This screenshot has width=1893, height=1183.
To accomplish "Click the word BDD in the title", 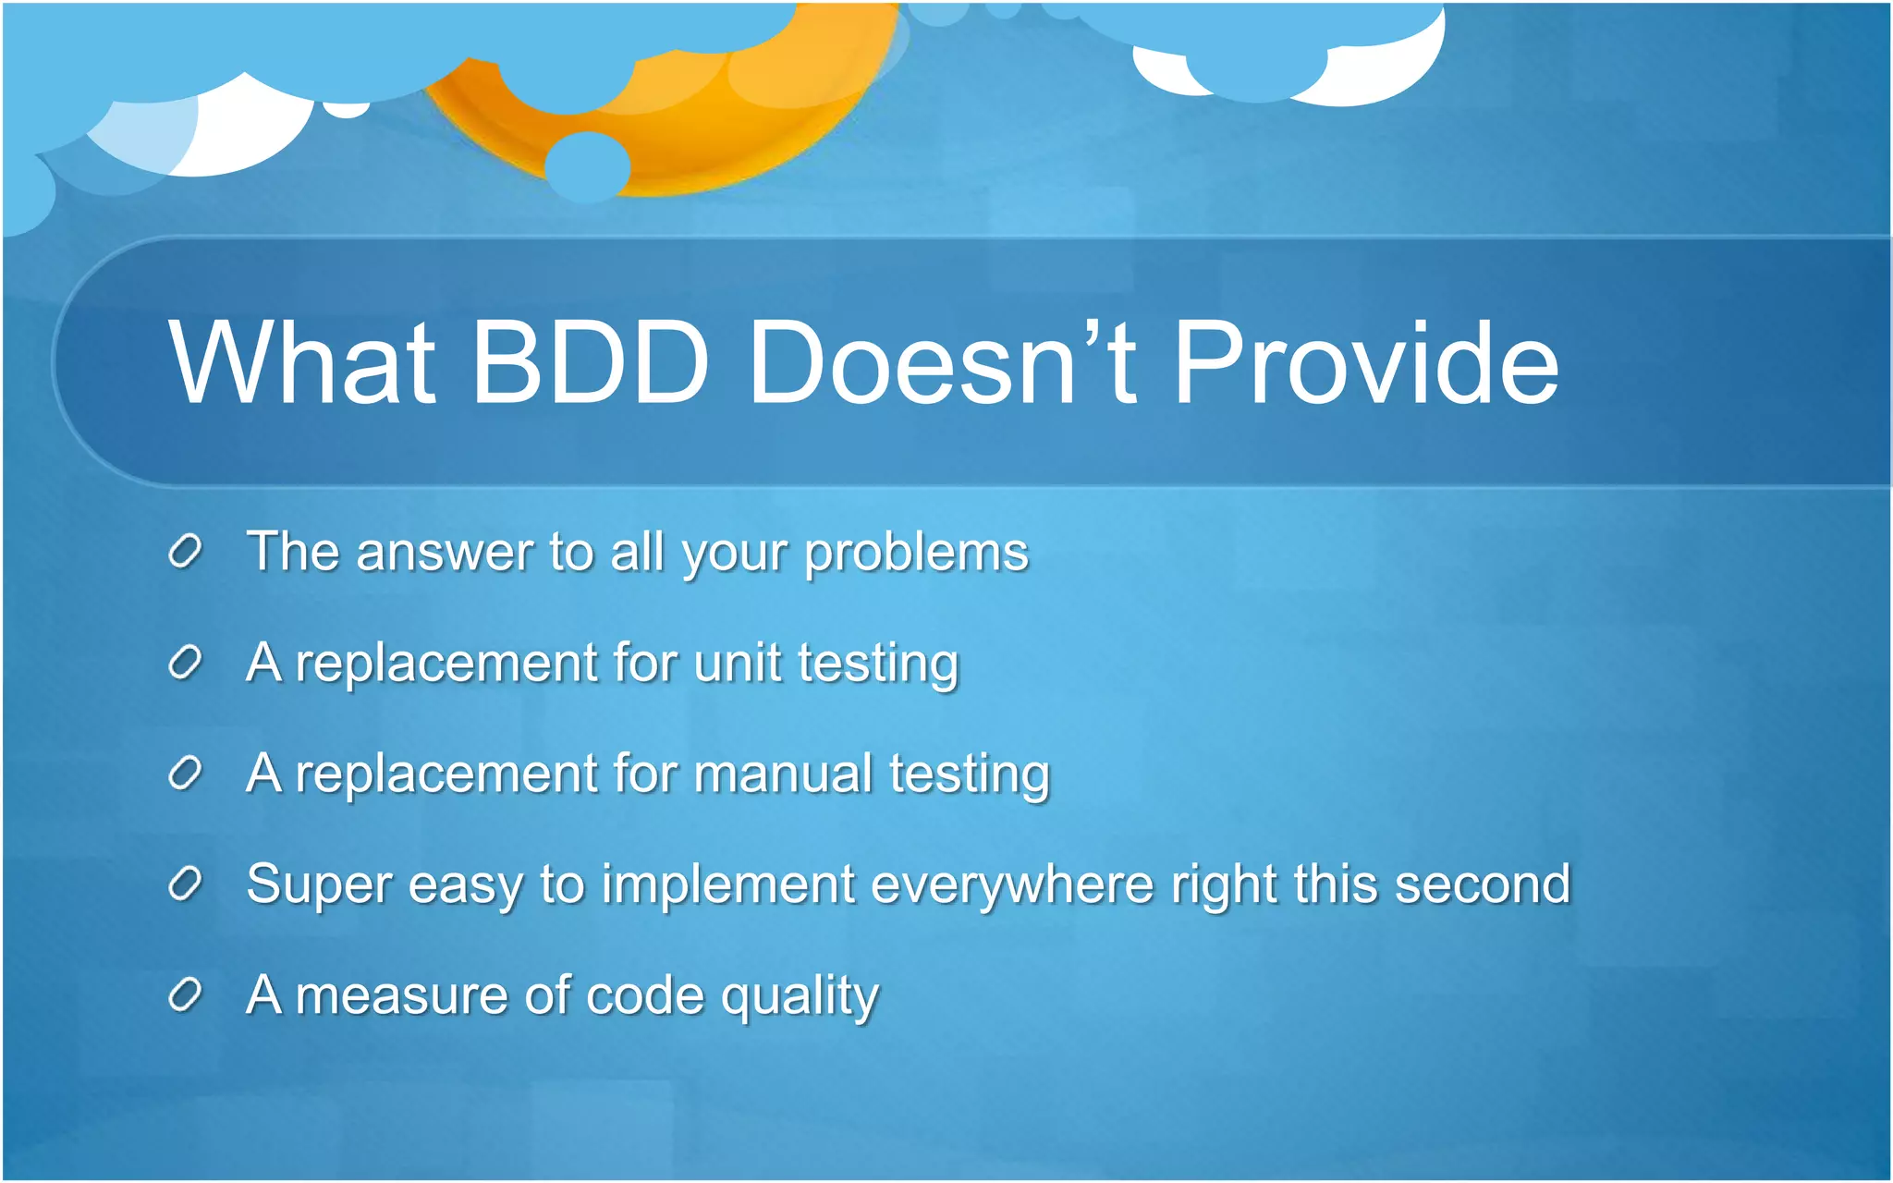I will tap(590, 362).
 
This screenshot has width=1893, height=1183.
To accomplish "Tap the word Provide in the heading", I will tap(1365, 362).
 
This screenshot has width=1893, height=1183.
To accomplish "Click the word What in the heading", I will tap(301, 362).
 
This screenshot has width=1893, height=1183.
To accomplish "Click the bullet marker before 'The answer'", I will tap(185, 552).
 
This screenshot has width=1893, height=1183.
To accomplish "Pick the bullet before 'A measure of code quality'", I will tap(185, 995).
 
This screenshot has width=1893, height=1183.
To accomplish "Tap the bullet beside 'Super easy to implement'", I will tap(185, 884).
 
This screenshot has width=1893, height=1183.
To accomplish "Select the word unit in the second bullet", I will tap(737, 663).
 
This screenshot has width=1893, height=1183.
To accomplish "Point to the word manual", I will tap(782, 774).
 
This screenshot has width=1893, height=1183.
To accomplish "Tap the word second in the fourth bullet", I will tap(1482, 884).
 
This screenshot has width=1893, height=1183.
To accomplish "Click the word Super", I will tap(318, 884).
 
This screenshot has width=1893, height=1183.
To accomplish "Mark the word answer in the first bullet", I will tap(444, 554).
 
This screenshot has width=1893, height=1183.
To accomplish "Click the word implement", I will tap(728, 886).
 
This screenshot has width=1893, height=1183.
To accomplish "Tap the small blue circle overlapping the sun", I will tap(587, 166).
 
